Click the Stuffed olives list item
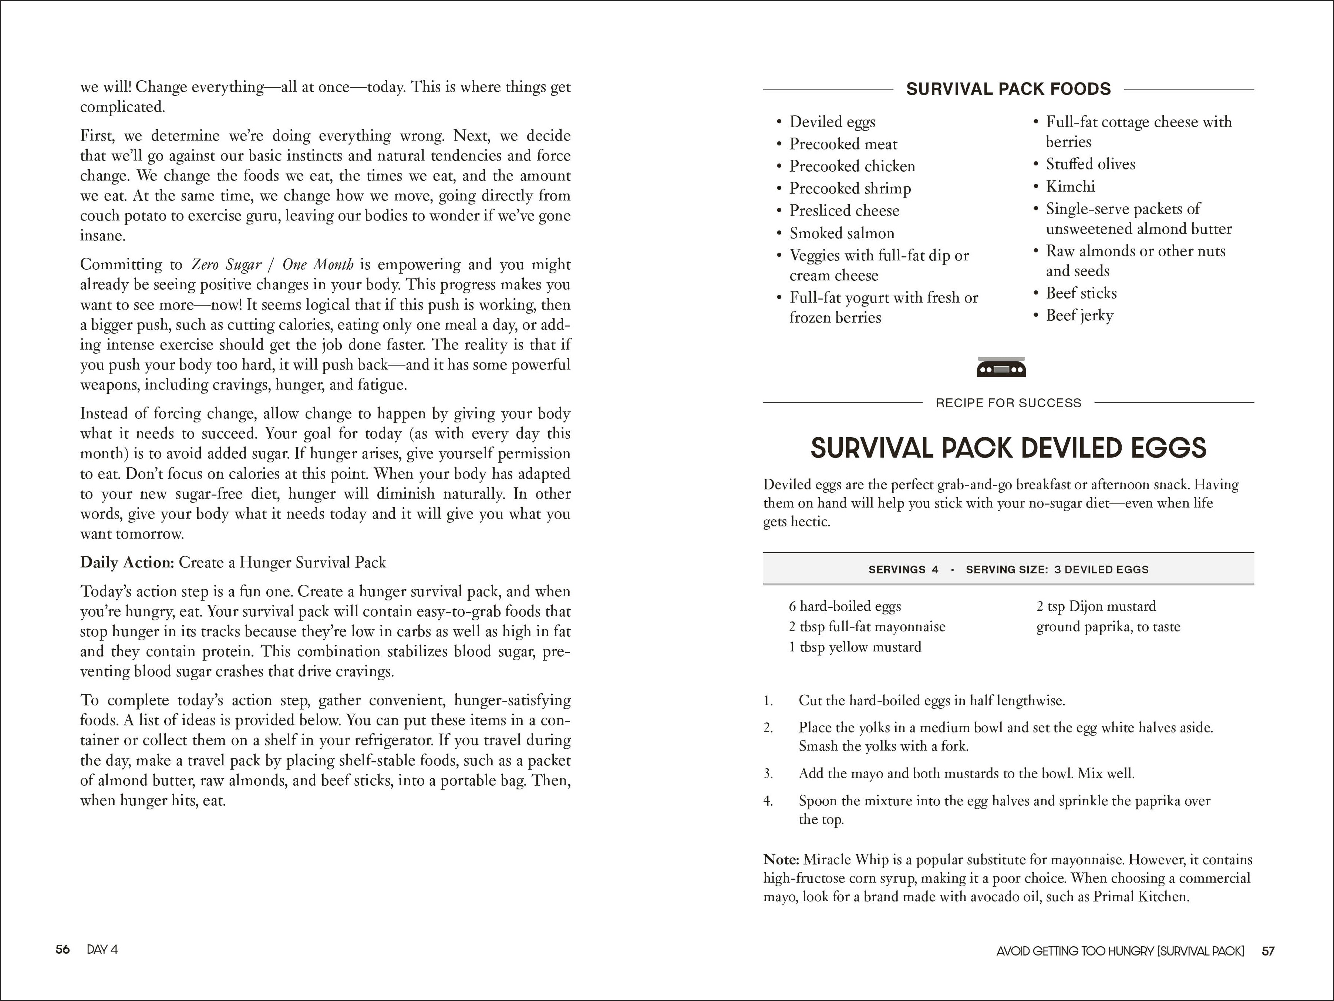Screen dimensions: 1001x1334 [1090, 164]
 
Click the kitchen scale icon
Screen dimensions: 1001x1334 [1001, 367]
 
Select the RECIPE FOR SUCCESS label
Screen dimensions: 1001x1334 [1008, 403]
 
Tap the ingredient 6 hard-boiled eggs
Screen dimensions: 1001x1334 [844, 606]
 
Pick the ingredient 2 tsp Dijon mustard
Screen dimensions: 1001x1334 [1096, 606]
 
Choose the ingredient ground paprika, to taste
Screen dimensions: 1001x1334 [1108, 627]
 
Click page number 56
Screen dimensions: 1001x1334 [63, 949]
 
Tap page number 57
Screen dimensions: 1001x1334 [1268, 951]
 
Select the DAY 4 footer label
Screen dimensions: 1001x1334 [102, 949]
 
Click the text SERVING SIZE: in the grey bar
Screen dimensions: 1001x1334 [1007, 569]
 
